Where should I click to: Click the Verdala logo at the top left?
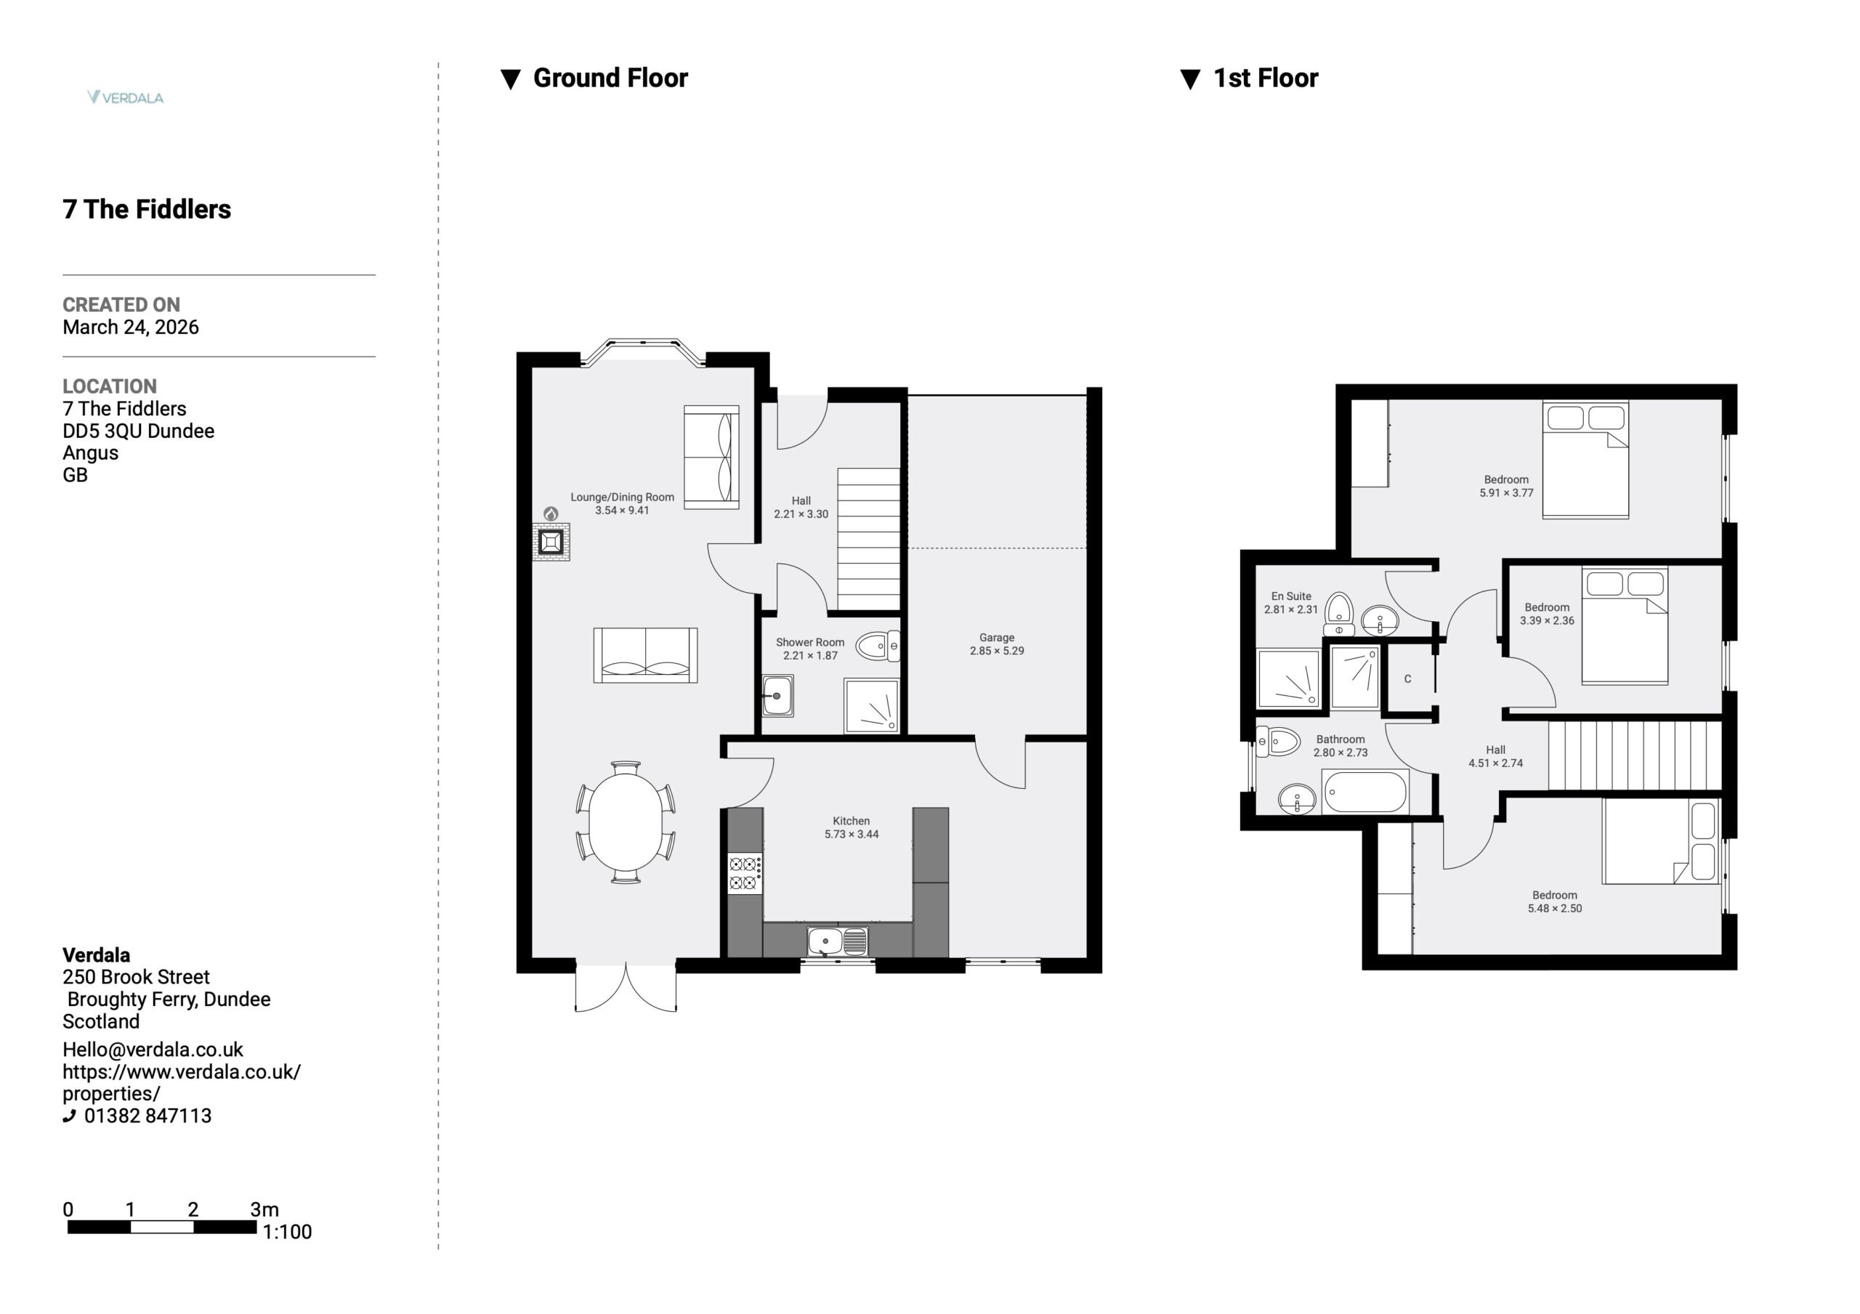tap(126, 97)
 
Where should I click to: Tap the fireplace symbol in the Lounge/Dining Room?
tap(551, 541)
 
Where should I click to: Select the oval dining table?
tap(626, 822)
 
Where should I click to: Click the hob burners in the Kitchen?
tap(745, 873)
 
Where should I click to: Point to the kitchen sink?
tap(837, 941)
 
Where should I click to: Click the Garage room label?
tap(996, 638)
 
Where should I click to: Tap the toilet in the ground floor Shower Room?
tap(876, 646)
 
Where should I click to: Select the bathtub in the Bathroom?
tap(1365, 792)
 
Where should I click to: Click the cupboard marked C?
tap(1408, 679)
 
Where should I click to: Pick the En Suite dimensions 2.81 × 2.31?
tap(1291, 609)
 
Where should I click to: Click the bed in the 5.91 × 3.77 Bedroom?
tap(1585, 459)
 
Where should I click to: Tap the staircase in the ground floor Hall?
tap(868, 539)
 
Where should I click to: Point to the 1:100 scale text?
tap(287, 1232)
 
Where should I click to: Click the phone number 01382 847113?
tap(147, 1116)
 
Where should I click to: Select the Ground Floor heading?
tap(610, 78)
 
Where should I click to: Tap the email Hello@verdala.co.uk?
tap(153, 1049)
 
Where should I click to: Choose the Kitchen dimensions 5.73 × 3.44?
tap(852, 834)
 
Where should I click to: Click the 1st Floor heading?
tap(1266, 78)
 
